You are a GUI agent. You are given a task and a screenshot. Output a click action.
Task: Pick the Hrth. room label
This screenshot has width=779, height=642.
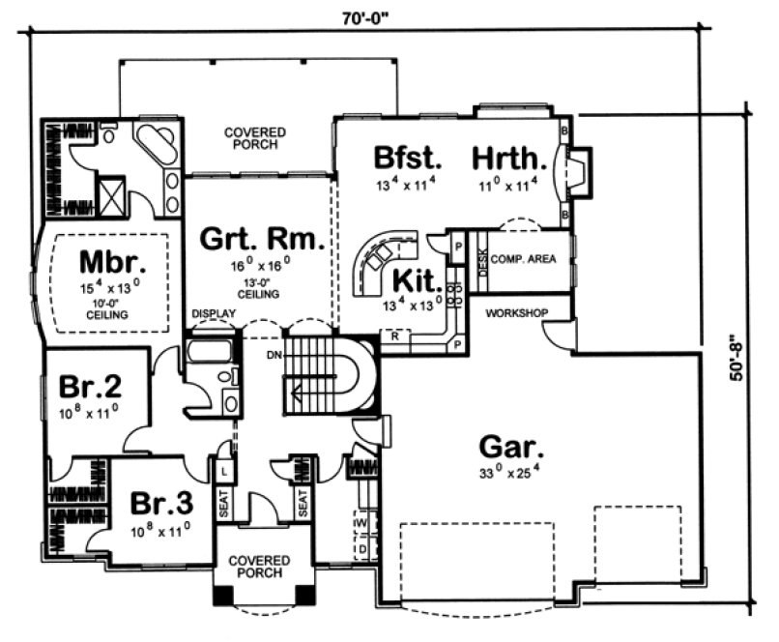508,157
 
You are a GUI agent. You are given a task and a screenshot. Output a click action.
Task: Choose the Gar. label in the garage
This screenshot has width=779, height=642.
511,448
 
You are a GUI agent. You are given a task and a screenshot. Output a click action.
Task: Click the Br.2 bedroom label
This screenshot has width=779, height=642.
89,388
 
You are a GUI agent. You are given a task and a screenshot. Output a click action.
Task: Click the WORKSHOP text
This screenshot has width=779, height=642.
517,313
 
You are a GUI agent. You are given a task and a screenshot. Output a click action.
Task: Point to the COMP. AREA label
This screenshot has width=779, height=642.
523,259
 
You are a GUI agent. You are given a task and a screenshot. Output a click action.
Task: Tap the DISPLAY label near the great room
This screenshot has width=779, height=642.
213,314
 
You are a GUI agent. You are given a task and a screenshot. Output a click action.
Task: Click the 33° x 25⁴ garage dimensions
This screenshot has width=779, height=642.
510,474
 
